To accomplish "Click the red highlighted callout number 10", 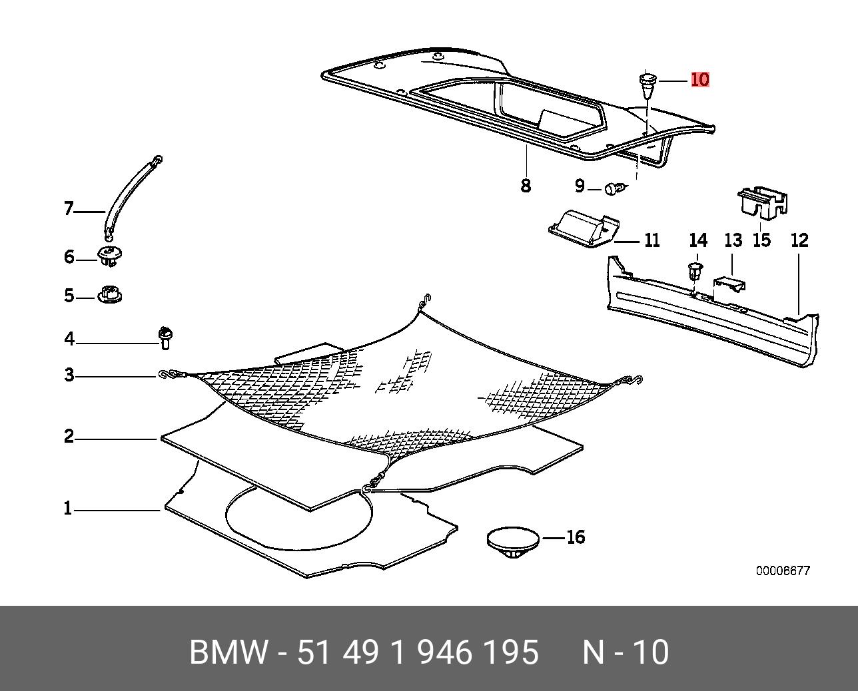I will [700, 79].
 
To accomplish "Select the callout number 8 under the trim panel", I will [526, 185].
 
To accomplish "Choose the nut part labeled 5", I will [110, 294].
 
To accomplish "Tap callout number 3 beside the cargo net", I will [69, 375].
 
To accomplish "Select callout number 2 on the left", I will [69, 437].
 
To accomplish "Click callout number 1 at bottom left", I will [67, 509].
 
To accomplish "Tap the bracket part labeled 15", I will [761, 202].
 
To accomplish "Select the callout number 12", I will [799, 240].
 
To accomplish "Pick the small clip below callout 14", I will [695, 272].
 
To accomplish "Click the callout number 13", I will [733, 240].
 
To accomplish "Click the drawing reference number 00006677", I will [783, 571].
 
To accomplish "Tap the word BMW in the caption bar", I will [229, 652].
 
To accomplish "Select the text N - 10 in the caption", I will [626, 652].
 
